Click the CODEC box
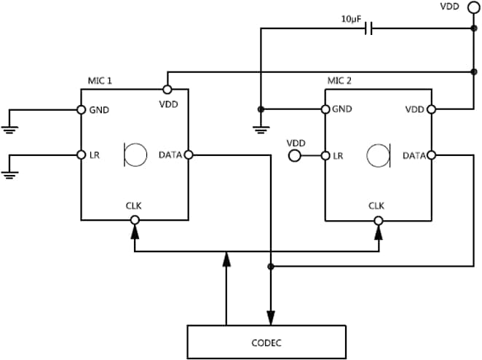pyautogui.click(x=266, y=342)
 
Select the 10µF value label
pyautogui.click(x=352, y=20)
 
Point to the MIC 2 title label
pyautogui.click(x=339, y=81)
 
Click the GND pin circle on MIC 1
pyautogui.click(x=81, y=110)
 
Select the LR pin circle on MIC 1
pyautogui.click(x=81, y=154)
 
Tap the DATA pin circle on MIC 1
pyautogui.click(x=189, y=154)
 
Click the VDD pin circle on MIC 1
pyautogui.click(x=167, y=89)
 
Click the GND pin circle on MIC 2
pyautogui.click(x=325, y=110)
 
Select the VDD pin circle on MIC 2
pyautogui.click(x=432, y=110)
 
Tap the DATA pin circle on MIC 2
pyautogui.click(x=432, y=154)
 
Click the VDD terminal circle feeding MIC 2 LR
pyautogui.click(x=295, y=155)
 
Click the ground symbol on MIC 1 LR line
pyautogui.click(x=10, y=174)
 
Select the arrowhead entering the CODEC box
pyautogui.click(x=271, y=317)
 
